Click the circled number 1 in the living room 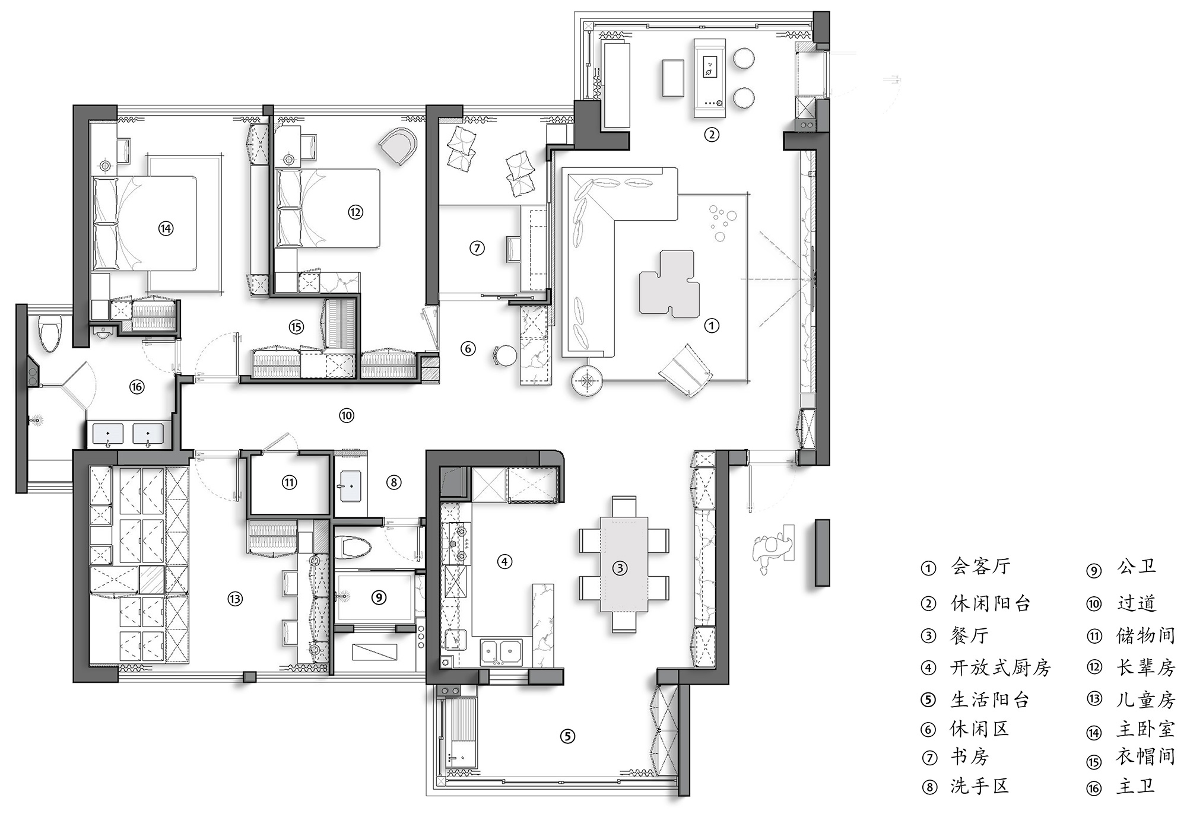point(711,325)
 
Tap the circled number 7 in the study point(477,248)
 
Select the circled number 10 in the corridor point(347,415)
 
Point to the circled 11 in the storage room point(289,482)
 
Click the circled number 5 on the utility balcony point(567,736)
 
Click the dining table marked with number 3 point(624,564)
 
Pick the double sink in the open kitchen point(502,651)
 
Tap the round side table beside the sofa point(588,380)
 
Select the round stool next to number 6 point(506,357)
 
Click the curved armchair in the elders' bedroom point(398,147)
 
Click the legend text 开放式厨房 point(1001,668)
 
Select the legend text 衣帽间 point(1146,756)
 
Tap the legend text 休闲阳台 point(991,603)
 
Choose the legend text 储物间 point(1146,635)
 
